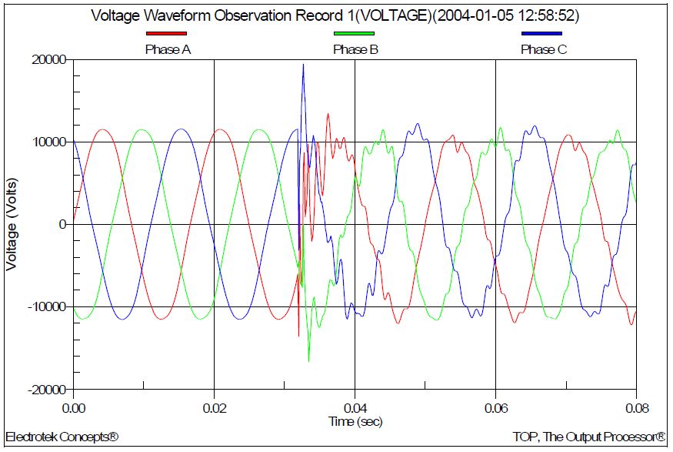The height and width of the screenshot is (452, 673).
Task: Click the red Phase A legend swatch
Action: click(167, 34)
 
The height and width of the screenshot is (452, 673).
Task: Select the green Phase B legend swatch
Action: click(354, 34)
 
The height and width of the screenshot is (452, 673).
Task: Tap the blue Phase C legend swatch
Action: click(541, 34)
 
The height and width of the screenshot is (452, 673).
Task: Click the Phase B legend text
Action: click(355, 49)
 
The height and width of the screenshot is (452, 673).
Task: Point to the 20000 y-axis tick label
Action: click(48, 60)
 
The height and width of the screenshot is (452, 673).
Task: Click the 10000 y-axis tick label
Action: click(48, 142)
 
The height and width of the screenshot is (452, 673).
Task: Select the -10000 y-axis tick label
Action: click(45, 307)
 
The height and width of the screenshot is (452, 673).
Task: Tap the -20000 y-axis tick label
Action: click(45, 390)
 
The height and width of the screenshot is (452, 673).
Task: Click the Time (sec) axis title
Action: click(355, 421)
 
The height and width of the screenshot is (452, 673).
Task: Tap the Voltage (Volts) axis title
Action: click(12, 225)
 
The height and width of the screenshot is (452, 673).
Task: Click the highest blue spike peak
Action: click(303, 65)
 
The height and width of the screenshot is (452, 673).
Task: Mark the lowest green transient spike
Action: click(308, 360)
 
